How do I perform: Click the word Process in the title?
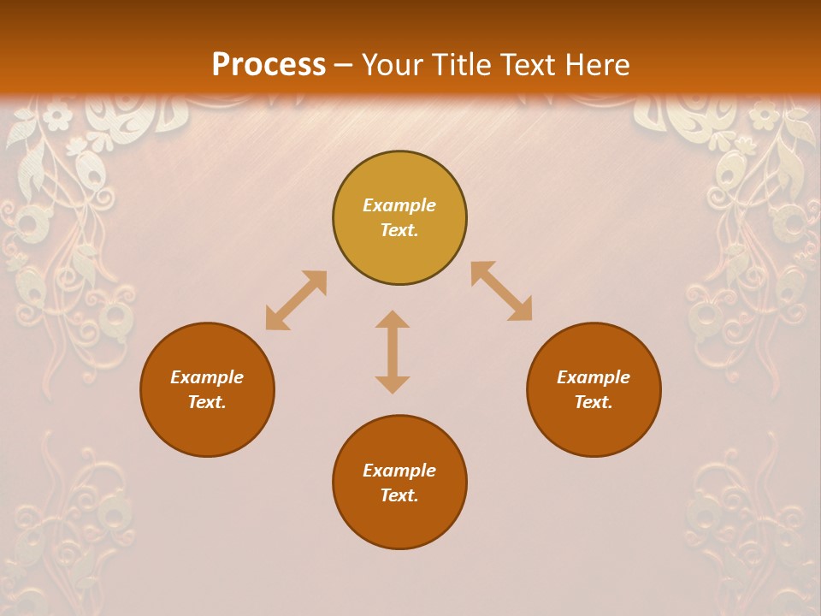tap(269, 65)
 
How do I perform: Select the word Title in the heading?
tap(462, 65)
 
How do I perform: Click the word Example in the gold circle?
tap(399, 205)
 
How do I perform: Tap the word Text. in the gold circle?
tap(399, 230)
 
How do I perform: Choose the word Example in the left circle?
tap(207, 377)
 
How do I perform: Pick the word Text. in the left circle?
tap(207, 402)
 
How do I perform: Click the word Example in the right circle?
tap(594, 377)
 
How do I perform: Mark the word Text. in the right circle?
tap(594, 402)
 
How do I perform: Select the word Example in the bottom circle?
tap(399, 471)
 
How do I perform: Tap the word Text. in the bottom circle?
tap(399, 495)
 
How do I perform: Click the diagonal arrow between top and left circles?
tap(296, 300)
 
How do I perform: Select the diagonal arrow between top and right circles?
tap(502, 292)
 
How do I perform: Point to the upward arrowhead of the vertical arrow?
tap(393, 320)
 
